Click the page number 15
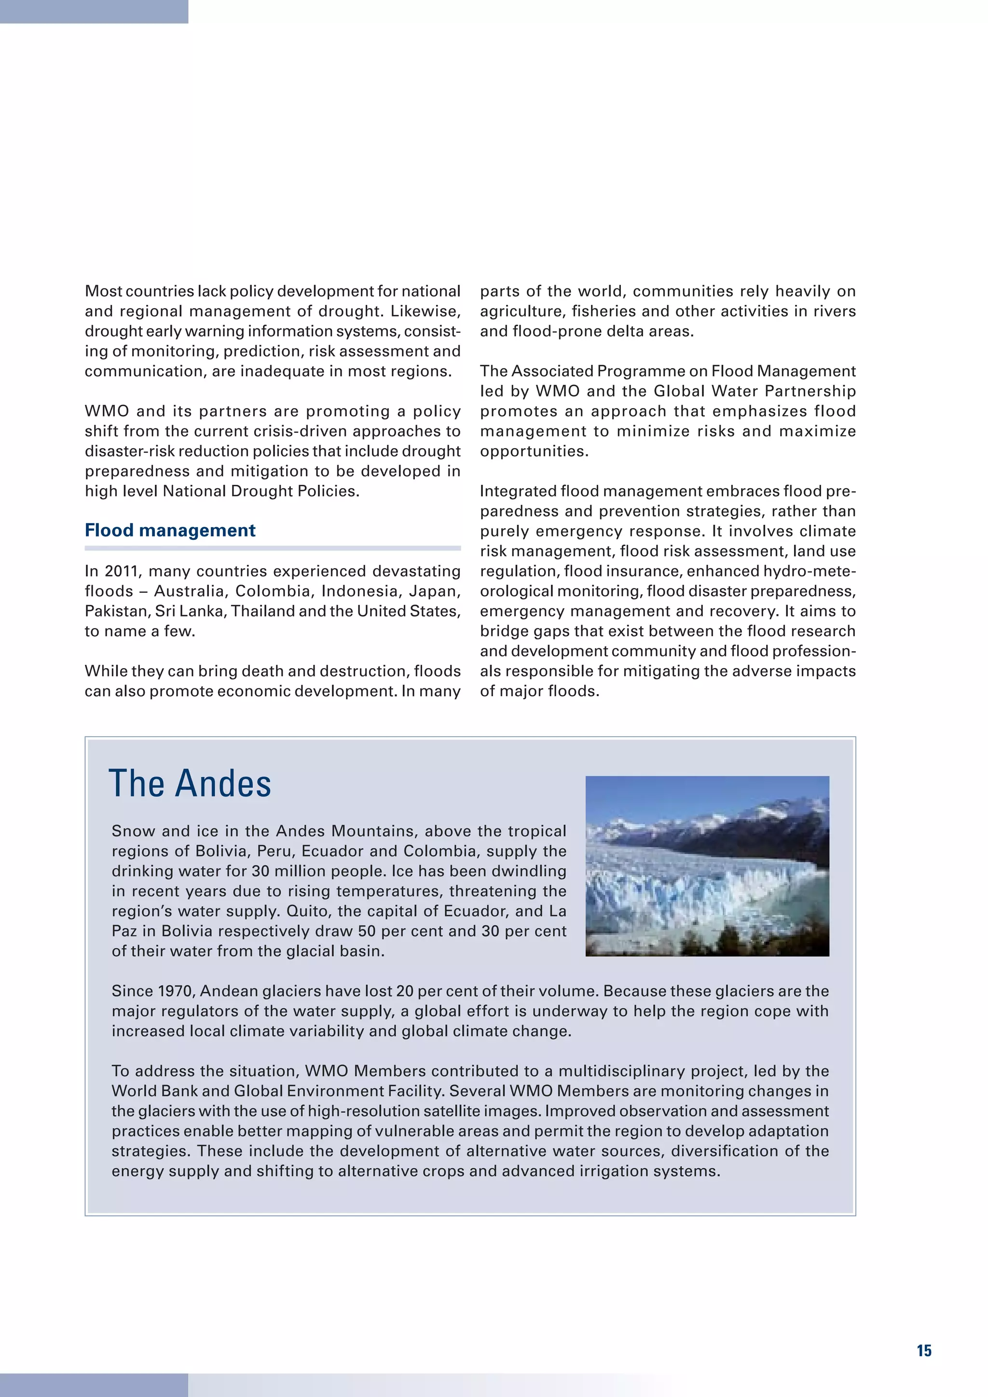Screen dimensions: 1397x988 [x=923, y=1351]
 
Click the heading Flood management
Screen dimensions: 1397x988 [x=170, y=530]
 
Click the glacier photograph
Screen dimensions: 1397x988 [x=707, y=866]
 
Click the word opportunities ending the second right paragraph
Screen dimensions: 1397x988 [x=533, y=452]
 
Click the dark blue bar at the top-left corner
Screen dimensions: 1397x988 [x=94, y=11]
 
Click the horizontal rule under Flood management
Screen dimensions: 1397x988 [x=273, y=548]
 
